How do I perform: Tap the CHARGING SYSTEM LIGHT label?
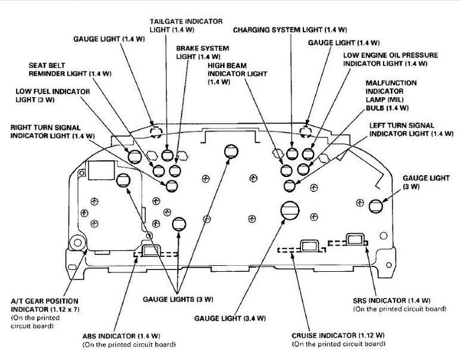tap(290, 29)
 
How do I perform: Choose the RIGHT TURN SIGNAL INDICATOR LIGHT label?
tap(53, 131)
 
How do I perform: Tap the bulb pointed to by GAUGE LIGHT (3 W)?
tap(376, 206)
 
